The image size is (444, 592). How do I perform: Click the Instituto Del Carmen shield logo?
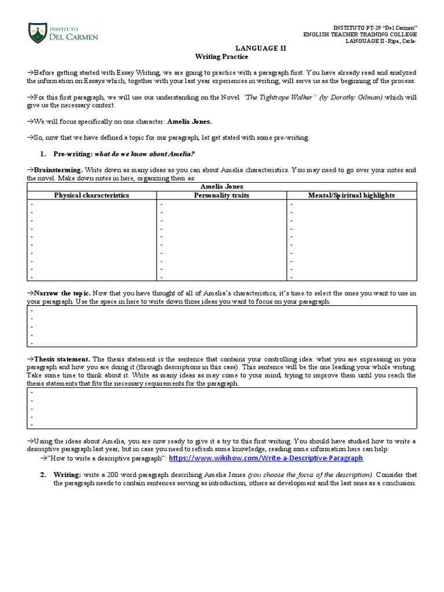pyautogui.click(x=38, y=33)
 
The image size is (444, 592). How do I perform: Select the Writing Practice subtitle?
pyautogui.click(x=221, y=57)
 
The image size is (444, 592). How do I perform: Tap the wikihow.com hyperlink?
pyautogui.click(x=266, y=458)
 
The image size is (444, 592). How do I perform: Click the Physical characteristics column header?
pyautogui.click(x=91, y=195)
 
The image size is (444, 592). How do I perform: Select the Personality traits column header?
pyautogui.click(x=221, y=195)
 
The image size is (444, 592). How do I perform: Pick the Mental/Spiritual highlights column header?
pyautogui.click(x=351, y=195)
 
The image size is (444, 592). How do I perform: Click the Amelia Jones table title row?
pyautogui.click(x=221, y=187)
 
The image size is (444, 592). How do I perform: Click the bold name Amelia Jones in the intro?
pyautogui.click(x=190, y=122)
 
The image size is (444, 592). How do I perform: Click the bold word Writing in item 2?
pyautogui.click(x=69, y=474)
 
